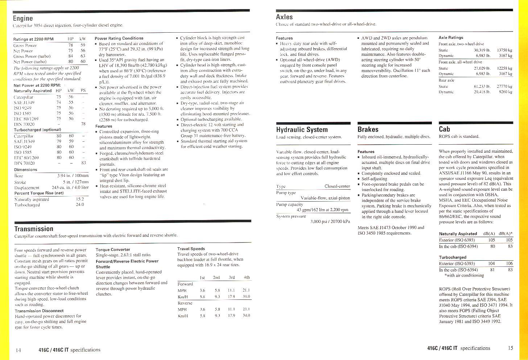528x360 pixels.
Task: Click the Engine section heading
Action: coord(23,18)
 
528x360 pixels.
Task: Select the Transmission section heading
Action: coord(34,229)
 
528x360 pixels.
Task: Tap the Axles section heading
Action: coord(284,17)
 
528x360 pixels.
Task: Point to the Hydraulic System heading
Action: coord(302,130)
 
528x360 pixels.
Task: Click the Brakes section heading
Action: coord(368,129)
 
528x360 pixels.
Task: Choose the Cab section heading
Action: coord(444,129)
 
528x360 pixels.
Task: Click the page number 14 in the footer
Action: coord(18,350)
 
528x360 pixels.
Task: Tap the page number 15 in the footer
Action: coord(510,348)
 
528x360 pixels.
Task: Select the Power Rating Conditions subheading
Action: coord(119,38)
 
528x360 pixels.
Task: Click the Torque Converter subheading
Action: coord(113,249)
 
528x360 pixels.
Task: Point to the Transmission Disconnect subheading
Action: coord(39,311)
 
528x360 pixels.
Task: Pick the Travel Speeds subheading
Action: coord(191,249)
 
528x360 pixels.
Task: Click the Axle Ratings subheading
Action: coord(451,37)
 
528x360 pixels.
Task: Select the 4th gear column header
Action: coord(247,277)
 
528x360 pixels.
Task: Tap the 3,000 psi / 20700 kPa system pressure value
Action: coord(330,221)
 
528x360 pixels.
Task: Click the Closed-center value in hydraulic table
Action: coord(337,186)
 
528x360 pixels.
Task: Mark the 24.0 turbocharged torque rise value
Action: coord(80,204)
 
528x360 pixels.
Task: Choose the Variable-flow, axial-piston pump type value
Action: coord(325,198)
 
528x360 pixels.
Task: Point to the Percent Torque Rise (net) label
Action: coord(39,193)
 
